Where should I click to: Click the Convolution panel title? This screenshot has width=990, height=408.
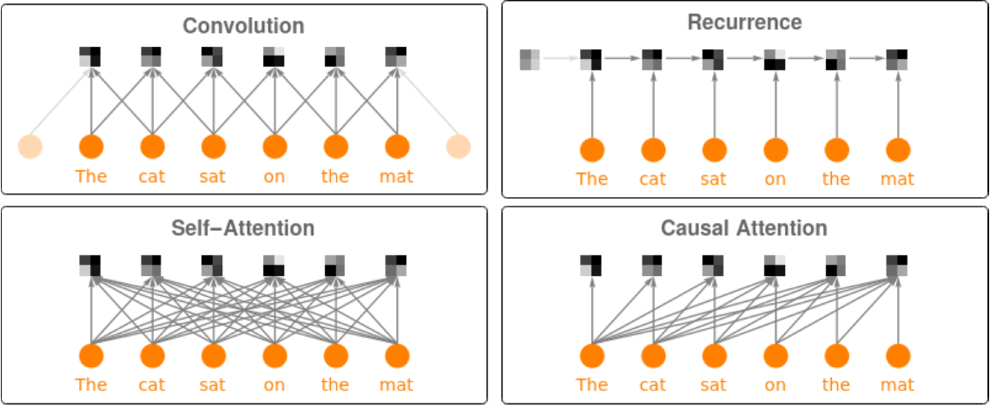coord(243,26)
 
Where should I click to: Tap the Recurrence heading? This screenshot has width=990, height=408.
coord(744,22)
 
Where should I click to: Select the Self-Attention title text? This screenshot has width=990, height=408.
coord(242,228)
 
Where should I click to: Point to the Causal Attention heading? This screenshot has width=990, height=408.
coord(744,228)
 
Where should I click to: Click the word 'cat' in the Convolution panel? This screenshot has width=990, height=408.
coord(152,176)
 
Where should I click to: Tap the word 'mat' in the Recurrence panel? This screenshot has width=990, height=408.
coord(897,179)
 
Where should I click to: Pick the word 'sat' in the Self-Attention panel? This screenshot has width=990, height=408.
coord(213,385)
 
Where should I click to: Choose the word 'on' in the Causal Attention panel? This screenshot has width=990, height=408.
coord(775,385)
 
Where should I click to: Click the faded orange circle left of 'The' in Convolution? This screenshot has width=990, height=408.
coord(30,147)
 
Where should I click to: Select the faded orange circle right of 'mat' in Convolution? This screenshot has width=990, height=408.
coord(458,147)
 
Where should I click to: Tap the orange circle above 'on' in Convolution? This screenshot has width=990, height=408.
coord(274,147)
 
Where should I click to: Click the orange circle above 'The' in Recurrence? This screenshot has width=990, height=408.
coord(592,149)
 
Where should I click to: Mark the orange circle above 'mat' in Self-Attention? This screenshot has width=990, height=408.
coord(397,356)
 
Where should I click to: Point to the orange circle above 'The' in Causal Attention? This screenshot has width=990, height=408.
coord(592,356)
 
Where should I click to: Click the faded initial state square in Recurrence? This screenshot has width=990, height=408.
coord(530,60)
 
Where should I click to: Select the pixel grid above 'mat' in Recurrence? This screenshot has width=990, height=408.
coord(897,60)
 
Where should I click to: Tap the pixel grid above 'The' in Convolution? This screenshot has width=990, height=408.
coord(90,56)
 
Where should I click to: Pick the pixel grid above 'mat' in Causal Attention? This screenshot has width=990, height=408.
coord(897,265)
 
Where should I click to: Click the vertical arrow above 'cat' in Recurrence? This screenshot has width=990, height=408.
coord(653,104)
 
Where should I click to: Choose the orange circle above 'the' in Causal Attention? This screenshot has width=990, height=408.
coord(836,356)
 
